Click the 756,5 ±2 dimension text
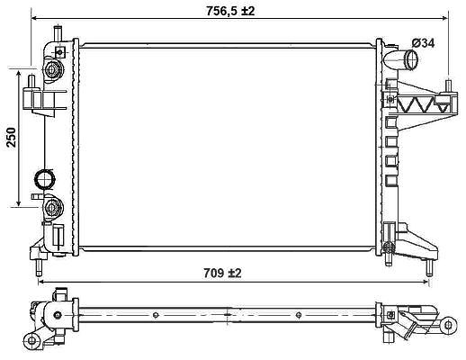(x=230, y=11)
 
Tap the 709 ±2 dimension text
(x=222, y=273)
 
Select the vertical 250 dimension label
(x=12, y=137)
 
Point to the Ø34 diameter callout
(x=423, y=43)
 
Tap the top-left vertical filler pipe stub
(x=58, y=33)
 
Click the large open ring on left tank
(x=44, y=179)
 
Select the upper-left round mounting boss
(x=51, y=69)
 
